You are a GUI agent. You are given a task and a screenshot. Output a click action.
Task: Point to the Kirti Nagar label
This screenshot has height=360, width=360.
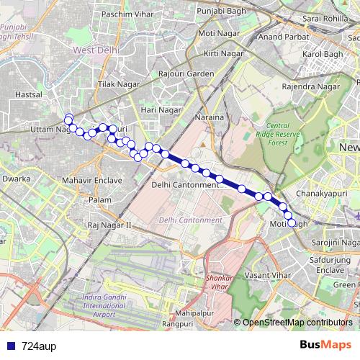tap(221, 54)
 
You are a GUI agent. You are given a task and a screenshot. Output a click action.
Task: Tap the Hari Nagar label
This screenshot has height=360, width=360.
tap(161, 109)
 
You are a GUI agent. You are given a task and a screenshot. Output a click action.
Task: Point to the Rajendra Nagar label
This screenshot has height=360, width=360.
tap(310, 87)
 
